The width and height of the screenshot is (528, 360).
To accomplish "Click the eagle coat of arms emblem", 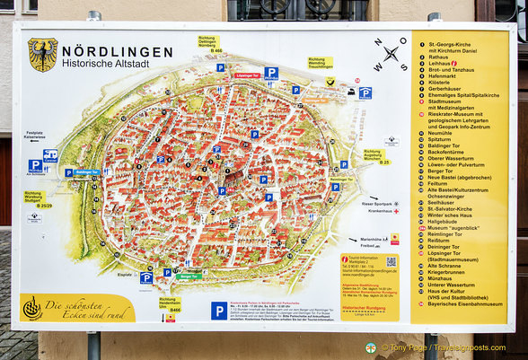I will click(41, 54).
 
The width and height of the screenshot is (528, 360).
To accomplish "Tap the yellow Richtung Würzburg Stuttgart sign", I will click(37, 199).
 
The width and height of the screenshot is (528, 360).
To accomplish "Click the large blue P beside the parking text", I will click(219, 311).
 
